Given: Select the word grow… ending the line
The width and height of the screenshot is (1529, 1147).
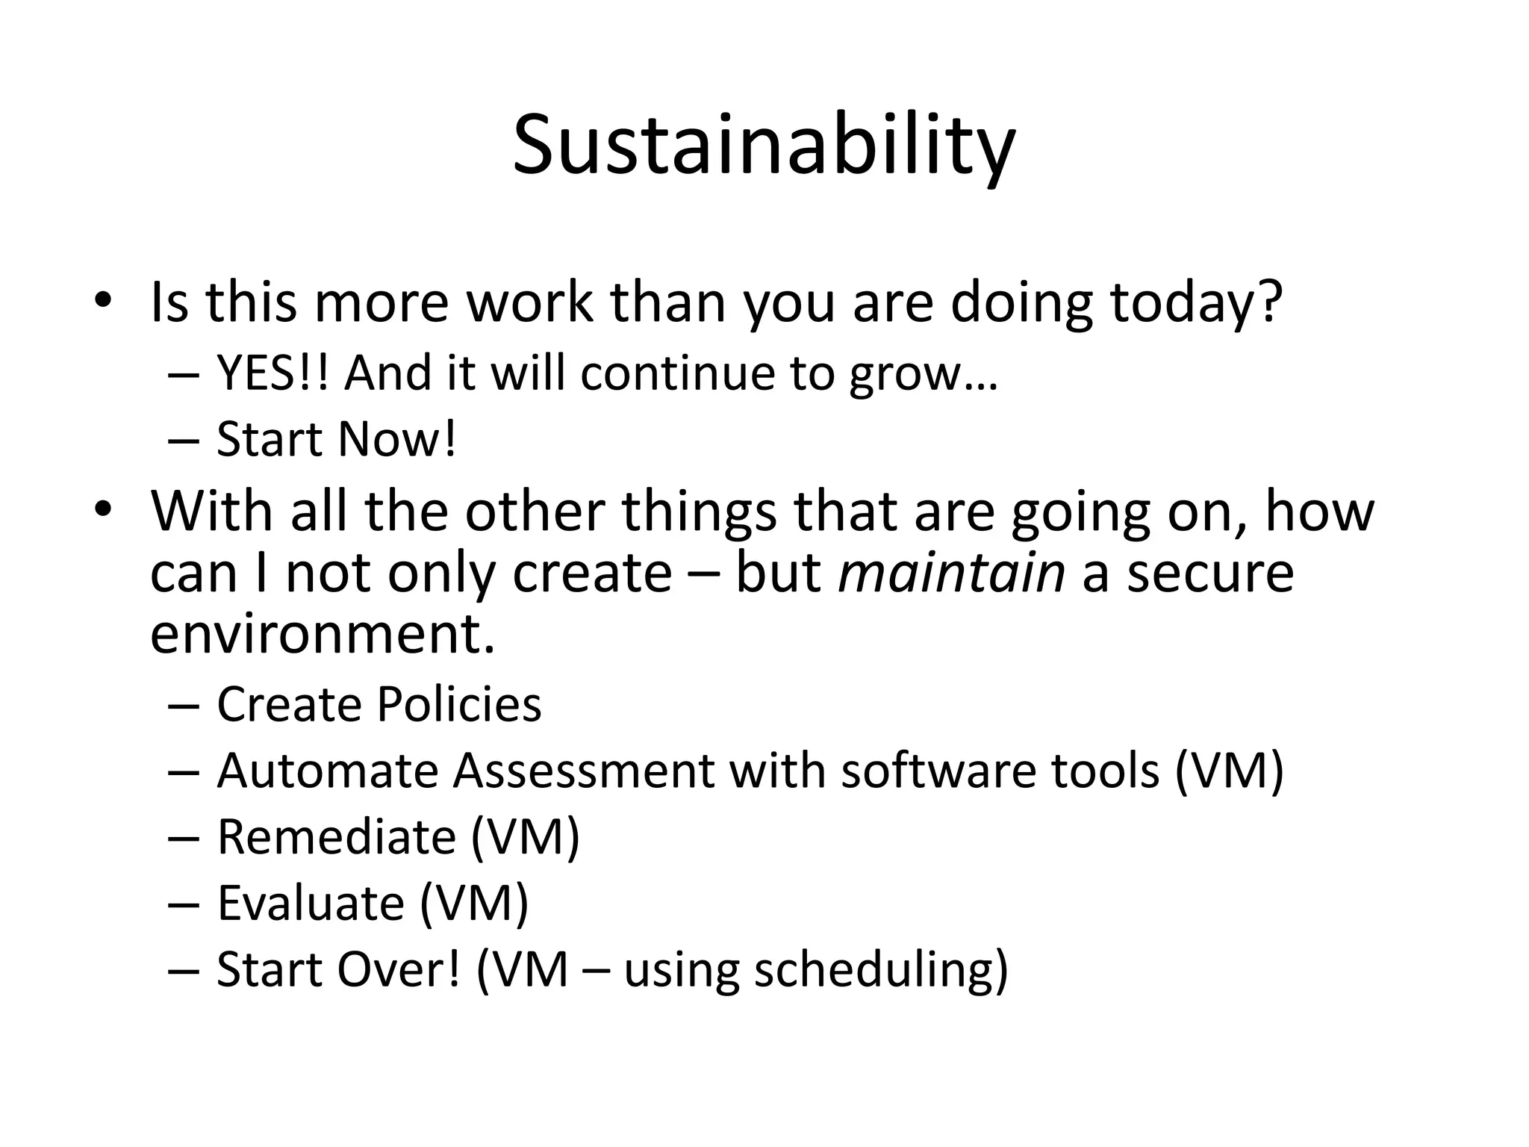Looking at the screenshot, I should [x=923, y=373].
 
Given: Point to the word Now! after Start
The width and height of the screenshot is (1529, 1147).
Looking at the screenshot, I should [x=396, y=439].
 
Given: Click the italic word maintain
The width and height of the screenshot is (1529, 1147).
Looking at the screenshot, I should [x=951, y=573].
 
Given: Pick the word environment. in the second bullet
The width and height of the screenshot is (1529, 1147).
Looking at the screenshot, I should [x=323, y=634].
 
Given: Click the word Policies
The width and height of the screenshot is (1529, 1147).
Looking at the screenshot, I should [x=458, y=704].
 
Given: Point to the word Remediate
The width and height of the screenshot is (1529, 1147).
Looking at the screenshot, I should [x=336, y=836].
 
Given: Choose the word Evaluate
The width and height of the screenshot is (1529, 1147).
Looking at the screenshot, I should [x=311, y=903].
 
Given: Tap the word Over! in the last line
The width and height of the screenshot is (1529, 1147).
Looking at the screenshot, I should [x=399, y=969].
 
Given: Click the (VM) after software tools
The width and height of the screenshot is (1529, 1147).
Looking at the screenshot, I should [x=1229, y=770].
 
